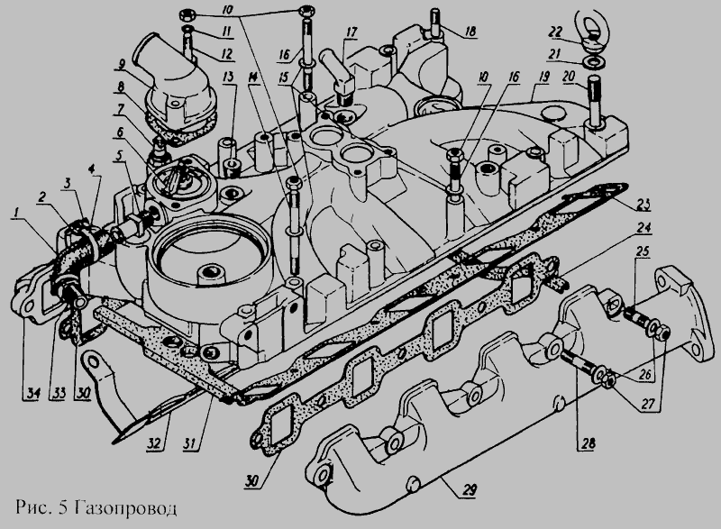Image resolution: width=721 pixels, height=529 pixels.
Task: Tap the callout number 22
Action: tap(555, 32)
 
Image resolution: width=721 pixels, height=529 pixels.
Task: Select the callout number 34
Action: tap(34, 393)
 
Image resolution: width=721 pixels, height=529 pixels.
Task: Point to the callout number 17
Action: tap(351, 32)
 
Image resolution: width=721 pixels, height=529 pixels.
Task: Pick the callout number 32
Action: tap(154, 443)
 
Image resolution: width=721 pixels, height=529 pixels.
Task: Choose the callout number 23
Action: tap(643, 204)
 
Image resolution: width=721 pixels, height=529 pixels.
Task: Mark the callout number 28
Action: tap(588, 443)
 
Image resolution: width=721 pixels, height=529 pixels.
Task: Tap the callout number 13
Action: tap(229, 77)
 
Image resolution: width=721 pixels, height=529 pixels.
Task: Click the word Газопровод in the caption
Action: tap(124, 508)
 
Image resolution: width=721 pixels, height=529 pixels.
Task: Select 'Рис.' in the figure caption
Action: tap(32, 507)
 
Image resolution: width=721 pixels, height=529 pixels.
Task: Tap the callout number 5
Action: tap(120, 154)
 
